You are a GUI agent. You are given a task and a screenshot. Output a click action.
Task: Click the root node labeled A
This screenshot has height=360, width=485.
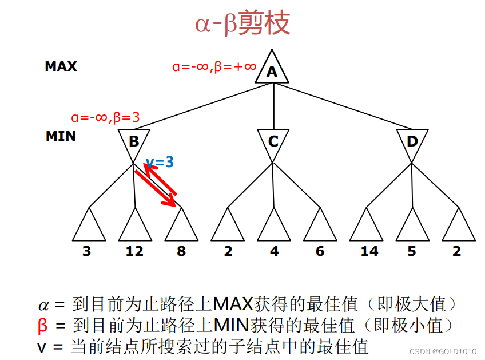272,70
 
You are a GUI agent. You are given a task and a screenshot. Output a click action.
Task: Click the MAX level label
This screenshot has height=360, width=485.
61,66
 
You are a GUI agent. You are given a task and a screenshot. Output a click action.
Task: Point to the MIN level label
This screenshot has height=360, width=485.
61,137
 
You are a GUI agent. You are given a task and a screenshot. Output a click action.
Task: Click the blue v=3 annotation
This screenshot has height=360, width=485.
160,162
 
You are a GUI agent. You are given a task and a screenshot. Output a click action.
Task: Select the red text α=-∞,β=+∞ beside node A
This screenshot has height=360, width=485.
214,66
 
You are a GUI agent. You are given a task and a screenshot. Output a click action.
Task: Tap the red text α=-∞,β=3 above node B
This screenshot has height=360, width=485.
106,117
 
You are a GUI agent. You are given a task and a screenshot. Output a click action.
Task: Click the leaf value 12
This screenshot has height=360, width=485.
134,251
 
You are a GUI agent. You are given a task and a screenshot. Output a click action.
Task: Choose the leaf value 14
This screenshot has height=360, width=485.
369,251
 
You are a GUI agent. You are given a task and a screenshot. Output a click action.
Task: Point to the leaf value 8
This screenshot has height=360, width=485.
181,251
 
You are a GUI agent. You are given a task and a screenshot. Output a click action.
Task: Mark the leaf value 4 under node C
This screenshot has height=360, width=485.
274,251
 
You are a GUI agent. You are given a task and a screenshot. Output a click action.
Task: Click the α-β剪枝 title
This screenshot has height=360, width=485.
242,25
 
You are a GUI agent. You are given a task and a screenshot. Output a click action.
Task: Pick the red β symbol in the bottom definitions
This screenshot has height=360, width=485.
43,325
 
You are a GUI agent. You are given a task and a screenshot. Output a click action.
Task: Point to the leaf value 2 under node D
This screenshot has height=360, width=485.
456,251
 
